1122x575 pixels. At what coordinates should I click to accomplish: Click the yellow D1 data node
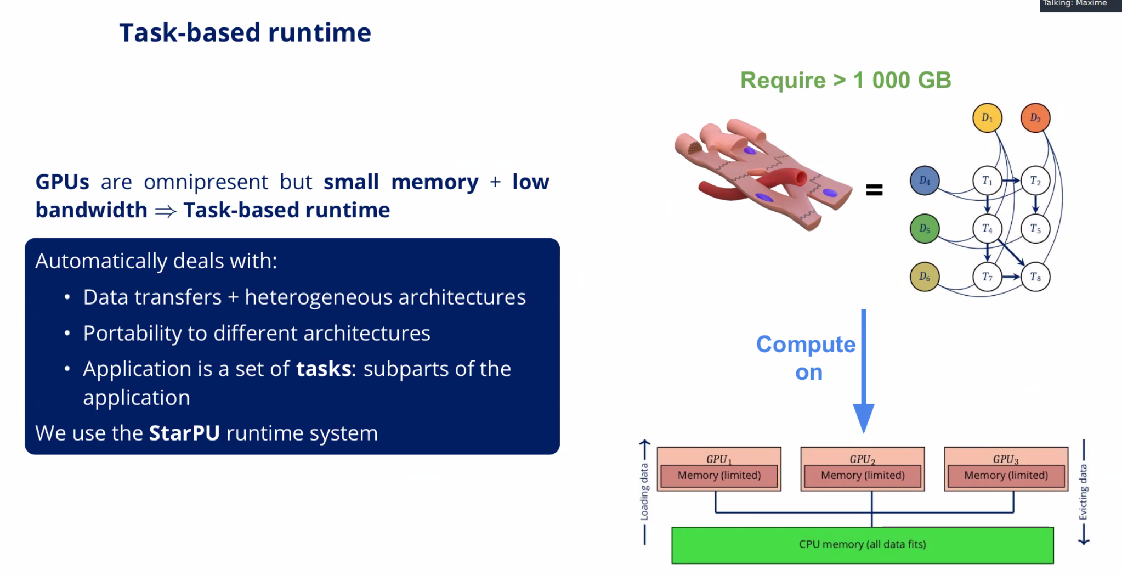(x=987, y=118)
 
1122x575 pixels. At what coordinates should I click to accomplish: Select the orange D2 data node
(x=1035, y=118)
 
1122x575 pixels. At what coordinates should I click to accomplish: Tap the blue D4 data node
(x=925, y=181)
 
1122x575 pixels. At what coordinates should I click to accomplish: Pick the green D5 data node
(x=925, y=229)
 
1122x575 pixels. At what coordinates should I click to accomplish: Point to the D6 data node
(x=925, y=277)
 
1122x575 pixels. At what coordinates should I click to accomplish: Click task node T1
(x=987, y=181)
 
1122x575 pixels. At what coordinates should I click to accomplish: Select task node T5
(x=1035, y=229)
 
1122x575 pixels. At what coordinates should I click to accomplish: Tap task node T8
(x=1035, y=277)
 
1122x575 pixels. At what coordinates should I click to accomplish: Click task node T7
(x=987, y=277)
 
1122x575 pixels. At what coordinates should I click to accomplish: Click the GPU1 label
(x=718, y=459)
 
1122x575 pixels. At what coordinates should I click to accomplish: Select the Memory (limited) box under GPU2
(x=863, y=476)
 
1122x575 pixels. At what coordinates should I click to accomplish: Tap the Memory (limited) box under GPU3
(x=1006, y=476)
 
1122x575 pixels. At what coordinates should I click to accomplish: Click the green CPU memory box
(x=862, y=545)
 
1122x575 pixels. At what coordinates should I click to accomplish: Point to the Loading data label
(x=644, y=492)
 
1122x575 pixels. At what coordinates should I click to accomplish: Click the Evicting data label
(x=1083, y=492)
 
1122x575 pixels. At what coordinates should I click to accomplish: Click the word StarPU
(x=184, y=433)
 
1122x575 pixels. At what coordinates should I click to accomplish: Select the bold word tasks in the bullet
(x=323, y=369)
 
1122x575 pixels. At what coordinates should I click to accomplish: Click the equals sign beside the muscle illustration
(x=874, y=190)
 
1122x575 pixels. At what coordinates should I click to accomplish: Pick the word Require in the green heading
(x=783, y=81)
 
